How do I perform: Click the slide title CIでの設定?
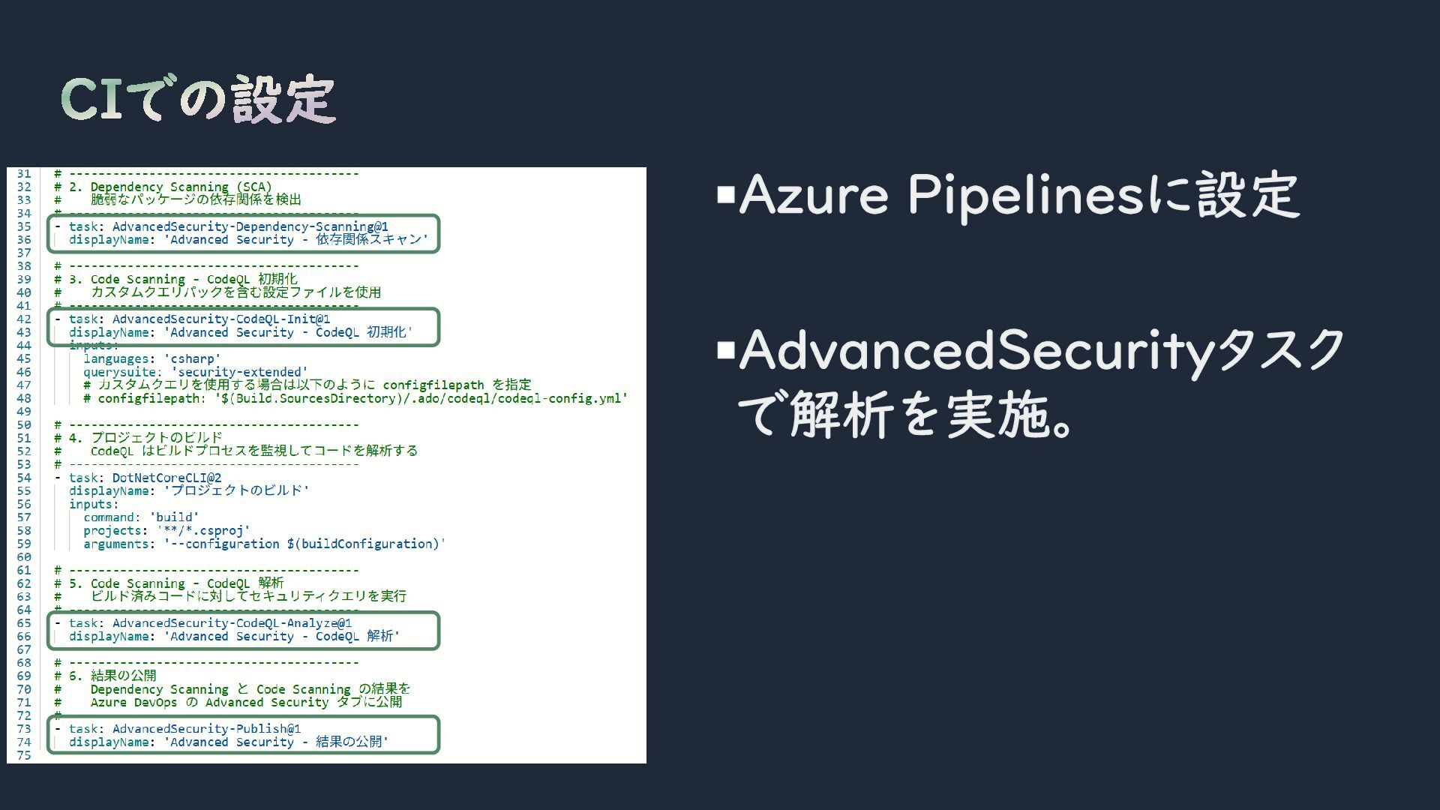198,99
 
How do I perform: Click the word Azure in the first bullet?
813,195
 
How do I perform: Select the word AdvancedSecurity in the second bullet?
976,350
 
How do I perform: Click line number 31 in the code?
24,174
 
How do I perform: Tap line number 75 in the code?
24,755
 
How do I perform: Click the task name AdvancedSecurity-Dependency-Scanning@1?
250,226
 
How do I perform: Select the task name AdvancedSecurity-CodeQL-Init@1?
221,319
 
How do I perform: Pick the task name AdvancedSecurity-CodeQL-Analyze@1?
232,623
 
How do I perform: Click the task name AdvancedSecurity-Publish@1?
206,729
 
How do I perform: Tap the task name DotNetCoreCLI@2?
166,478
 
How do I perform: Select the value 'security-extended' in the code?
239,372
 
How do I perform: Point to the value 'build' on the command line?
174,517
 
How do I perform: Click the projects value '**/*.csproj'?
203,531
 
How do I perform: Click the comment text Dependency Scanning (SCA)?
181,187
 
